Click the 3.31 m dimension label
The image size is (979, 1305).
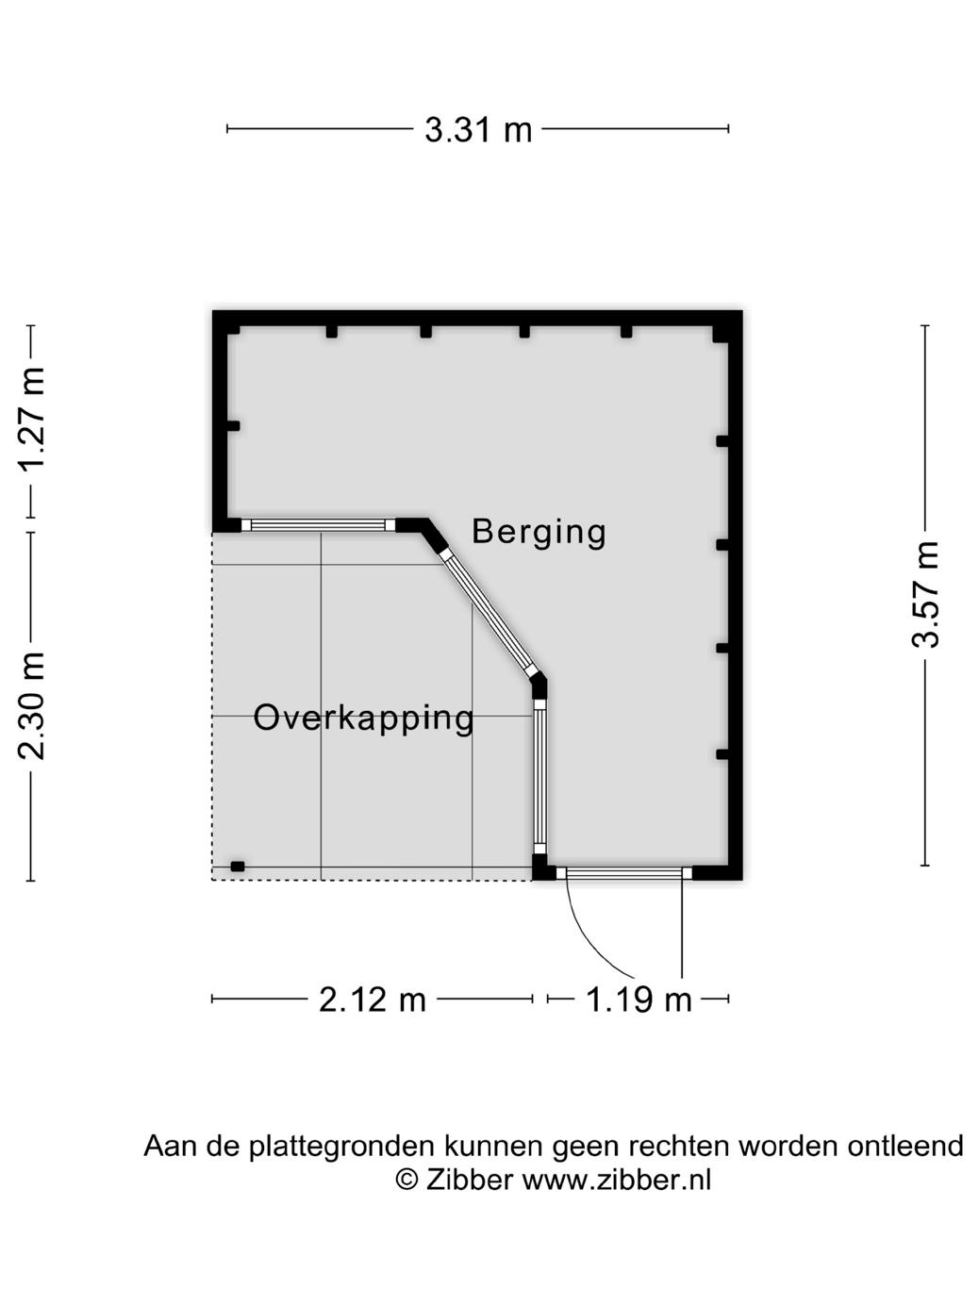[x=478, y=129]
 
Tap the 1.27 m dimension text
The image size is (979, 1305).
[x=31, y=421]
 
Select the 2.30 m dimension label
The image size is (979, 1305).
[x=31, y=704]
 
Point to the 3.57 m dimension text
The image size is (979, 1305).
[x=925, y=595]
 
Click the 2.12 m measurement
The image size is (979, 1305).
[x=373, y=999]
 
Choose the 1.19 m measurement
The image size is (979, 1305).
[x=639, y=999]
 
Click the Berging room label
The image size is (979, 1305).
[x=539, y=532]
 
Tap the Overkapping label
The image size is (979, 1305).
[x=364, y=718]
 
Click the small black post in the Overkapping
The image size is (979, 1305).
[x=238, y=866]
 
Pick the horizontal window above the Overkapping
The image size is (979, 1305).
[x=318, y=525]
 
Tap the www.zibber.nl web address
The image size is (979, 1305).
[x=617, y=1180]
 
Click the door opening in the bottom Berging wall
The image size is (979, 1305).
[x=623, y=873]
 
